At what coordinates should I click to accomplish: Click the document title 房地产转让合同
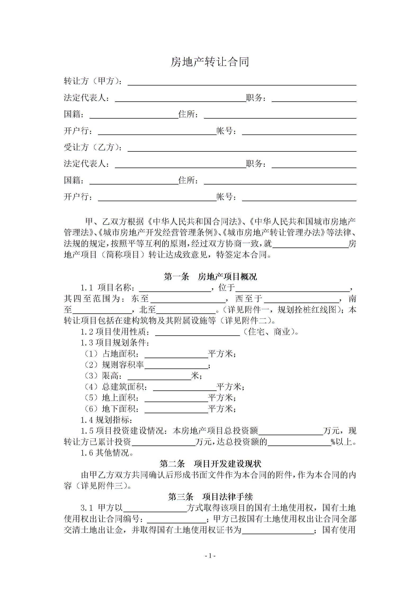tap(210, 62)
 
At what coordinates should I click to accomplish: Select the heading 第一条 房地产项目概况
tap(210, 277)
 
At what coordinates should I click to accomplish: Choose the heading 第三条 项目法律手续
tap(210, 497)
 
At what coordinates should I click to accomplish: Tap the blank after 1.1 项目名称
tap(175, 289)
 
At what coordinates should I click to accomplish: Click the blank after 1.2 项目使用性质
tap(197, 332)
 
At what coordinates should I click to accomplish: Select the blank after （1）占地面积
tap(176, 355)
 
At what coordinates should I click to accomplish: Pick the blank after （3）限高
tap(159, 377)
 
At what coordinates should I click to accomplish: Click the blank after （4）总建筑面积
tap(185, 388)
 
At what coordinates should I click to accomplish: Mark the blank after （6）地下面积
tap(176, 410)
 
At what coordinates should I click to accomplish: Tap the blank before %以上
tap(299, 443)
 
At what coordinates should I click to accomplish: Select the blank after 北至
tap(186, 310)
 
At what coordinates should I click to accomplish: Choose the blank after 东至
tap(188, 300)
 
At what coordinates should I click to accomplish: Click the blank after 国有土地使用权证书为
tap(278, 531)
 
